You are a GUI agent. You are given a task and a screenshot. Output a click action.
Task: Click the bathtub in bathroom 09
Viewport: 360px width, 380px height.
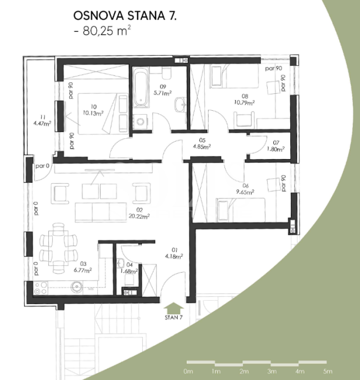(140, 87)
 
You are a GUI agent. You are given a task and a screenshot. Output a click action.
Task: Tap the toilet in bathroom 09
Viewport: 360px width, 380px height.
(166, 73)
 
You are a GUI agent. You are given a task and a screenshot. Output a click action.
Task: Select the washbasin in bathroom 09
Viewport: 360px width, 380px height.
(180, 105)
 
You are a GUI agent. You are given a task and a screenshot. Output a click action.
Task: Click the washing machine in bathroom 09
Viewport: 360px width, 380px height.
(140, 121)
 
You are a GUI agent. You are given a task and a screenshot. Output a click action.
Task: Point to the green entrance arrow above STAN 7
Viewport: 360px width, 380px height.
(173, 308)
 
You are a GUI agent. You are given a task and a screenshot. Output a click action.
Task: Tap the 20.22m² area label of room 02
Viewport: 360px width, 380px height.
(139, 216)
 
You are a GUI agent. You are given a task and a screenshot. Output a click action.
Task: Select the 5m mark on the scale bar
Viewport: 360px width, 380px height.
(327, 371)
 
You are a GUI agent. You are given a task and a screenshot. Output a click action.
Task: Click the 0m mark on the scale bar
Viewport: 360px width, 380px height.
(188, 371)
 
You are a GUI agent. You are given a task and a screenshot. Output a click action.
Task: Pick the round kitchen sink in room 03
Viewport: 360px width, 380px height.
(76, 287)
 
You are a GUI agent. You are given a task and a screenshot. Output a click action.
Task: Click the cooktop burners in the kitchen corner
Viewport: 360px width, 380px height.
(40, 288)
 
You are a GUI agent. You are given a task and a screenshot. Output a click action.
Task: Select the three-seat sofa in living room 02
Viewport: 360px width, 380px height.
(101, 212)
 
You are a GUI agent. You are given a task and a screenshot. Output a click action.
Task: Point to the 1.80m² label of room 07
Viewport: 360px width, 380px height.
(276, 150)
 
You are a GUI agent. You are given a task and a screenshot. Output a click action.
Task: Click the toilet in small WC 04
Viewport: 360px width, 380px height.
(129, 279)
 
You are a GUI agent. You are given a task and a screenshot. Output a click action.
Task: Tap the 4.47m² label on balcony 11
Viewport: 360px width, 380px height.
(42, 124)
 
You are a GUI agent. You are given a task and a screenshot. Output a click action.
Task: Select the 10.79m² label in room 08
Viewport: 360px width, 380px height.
(244, 103)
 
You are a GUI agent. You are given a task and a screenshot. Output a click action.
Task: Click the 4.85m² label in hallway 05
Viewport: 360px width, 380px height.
(201, 147)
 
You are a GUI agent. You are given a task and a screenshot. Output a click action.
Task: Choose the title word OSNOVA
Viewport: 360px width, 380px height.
(99, 16)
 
